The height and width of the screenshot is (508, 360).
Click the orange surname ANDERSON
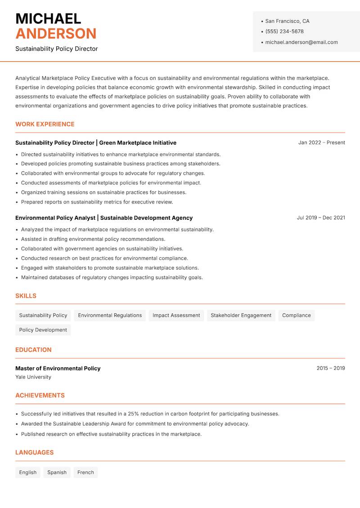point(56,34)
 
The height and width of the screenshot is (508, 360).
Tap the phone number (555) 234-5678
point(284,31)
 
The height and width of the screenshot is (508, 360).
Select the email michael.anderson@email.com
point(301,42)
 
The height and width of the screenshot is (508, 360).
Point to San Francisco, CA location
point(287,21)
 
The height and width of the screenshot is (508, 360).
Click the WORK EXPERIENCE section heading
point(45,124)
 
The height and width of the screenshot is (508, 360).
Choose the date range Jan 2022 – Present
point(321,143)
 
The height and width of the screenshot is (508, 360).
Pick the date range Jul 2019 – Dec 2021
point(321,218)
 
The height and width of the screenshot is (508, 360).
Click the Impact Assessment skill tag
point(176,316)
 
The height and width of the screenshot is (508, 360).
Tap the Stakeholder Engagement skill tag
point(241,316)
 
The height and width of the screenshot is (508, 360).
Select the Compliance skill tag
point(296,316)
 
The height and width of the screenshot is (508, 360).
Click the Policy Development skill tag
point(43,330)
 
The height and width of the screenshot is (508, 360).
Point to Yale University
point(33,377)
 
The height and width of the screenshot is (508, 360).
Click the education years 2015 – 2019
point(330,368)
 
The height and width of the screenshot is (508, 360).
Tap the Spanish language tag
point(57,472)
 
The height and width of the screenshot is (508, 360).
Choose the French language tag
point(85,472)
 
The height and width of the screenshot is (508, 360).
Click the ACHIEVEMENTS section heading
point(40,396)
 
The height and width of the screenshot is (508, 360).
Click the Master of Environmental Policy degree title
point(58,368)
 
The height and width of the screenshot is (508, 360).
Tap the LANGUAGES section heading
point(35,453)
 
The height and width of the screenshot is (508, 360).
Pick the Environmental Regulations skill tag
point(110,316)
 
